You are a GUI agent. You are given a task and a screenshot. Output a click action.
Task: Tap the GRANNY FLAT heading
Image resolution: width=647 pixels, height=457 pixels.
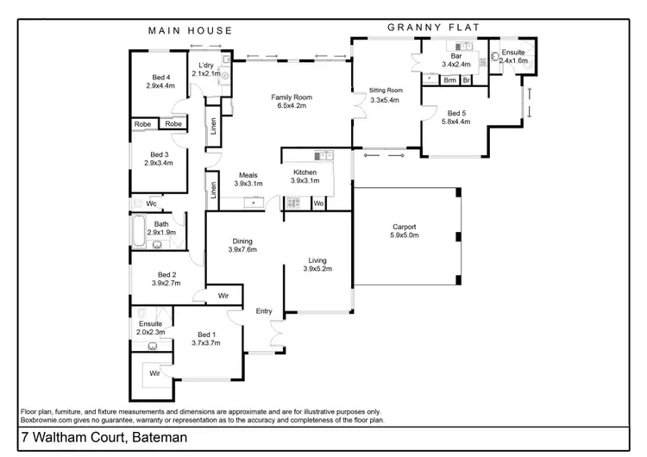click(x=427, y=27)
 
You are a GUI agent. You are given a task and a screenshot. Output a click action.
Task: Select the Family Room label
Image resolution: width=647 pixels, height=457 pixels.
click(x=292, y=97)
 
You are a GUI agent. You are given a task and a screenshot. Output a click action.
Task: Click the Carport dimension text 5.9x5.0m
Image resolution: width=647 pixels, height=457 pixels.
click(x=404, y=235)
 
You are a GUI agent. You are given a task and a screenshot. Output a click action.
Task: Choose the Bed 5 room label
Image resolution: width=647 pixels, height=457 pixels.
click(x=458, y=112)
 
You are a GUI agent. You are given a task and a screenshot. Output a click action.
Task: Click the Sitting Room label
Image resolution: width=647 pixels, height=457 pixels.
click(x=386, y=91)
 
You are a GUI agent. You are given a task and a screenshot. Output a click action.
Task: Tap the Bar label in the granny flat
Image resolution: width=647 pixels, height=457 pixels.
click(x=456, y=57)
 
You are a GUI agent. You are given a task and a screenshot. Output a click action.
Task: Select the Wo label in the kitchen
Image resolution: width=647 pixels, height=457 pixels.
click(x=318, y=203)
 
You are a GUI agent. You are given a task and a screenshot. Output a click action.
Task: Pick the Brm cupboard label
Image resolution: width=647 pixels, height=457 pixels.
click(x=449, y=80)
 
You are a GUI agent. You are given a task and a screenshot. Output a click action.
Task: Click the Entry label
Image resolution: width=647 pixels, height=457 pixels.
click(x=263, y=311)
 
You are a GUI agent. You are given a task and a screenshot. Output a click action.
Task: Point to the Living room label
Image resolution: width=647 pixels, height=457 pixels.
click(x=317, y=260)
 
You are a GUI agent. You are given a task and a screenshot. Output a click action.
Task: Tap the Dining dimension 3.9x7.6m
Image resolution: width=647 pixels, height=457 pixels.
click(x=244, y=250)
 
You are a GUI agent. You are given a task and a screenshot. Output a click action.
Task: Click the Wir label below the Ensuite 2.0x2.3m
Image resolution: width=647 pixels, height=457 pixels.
click(x=155, y=373)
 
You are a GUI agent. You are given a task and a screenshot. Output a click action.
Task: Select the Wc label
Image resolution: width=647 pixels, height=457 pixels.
click(x=150, y=204)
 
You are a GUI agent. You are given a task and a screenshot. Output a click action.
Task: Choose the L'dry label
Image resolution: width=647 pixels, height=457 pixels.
click(x=205, y=65)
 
